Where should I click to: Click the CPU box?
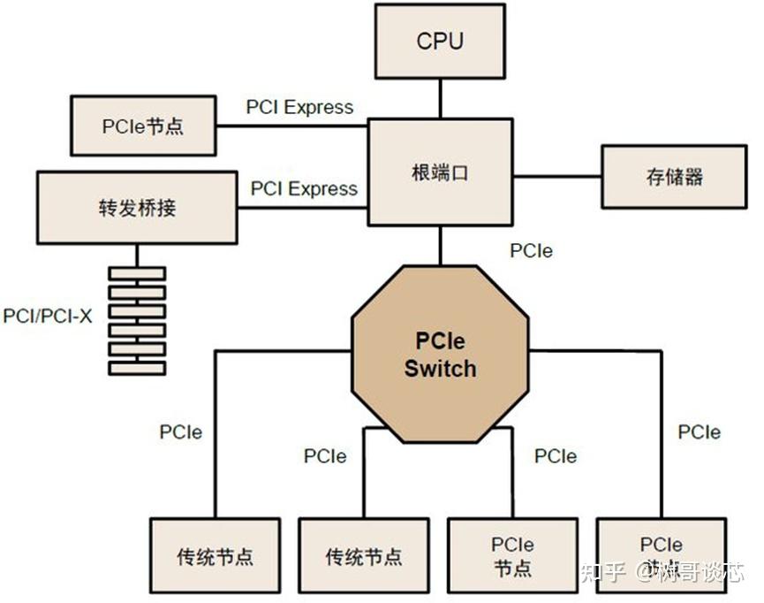click(x=439, y=41)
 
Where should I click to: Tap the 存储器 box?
click(x=674, y=177)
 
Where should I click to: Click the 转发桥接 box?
click(x=137, y=208)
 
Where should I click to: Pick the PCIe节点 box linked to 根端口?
click(x=142, y=126)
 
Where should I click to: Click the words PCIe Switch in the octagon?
click(x=440, y=355)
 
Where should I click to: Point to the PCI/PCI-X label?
click(x=48, y=316)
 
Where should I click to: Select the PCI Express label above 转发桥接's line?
click(x=304, y=188)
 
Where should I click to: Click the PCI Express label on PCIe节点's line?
click(x=299, y=107)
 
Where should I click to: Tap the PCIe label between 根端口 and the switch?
click(x=531, y=250)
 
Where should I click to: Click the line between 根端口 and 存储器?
click(x=556, y=176)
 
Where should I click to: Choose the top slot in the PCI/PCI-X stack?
click(x=137, y=273)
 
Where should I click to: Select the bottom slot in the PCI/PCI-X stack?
click(x=137, y=368)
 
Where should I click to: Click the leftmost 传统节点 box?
click(x=215, y=556)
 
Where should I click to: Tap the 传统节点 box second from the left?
click(x=364, y=556)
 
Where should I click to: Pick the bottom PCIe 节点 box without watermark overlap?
click(x=512, y=555)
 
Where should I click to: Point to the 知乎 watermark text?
click(x=602, y=572)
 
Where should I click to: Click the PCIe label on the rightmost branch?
click(x=699, y=432)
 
